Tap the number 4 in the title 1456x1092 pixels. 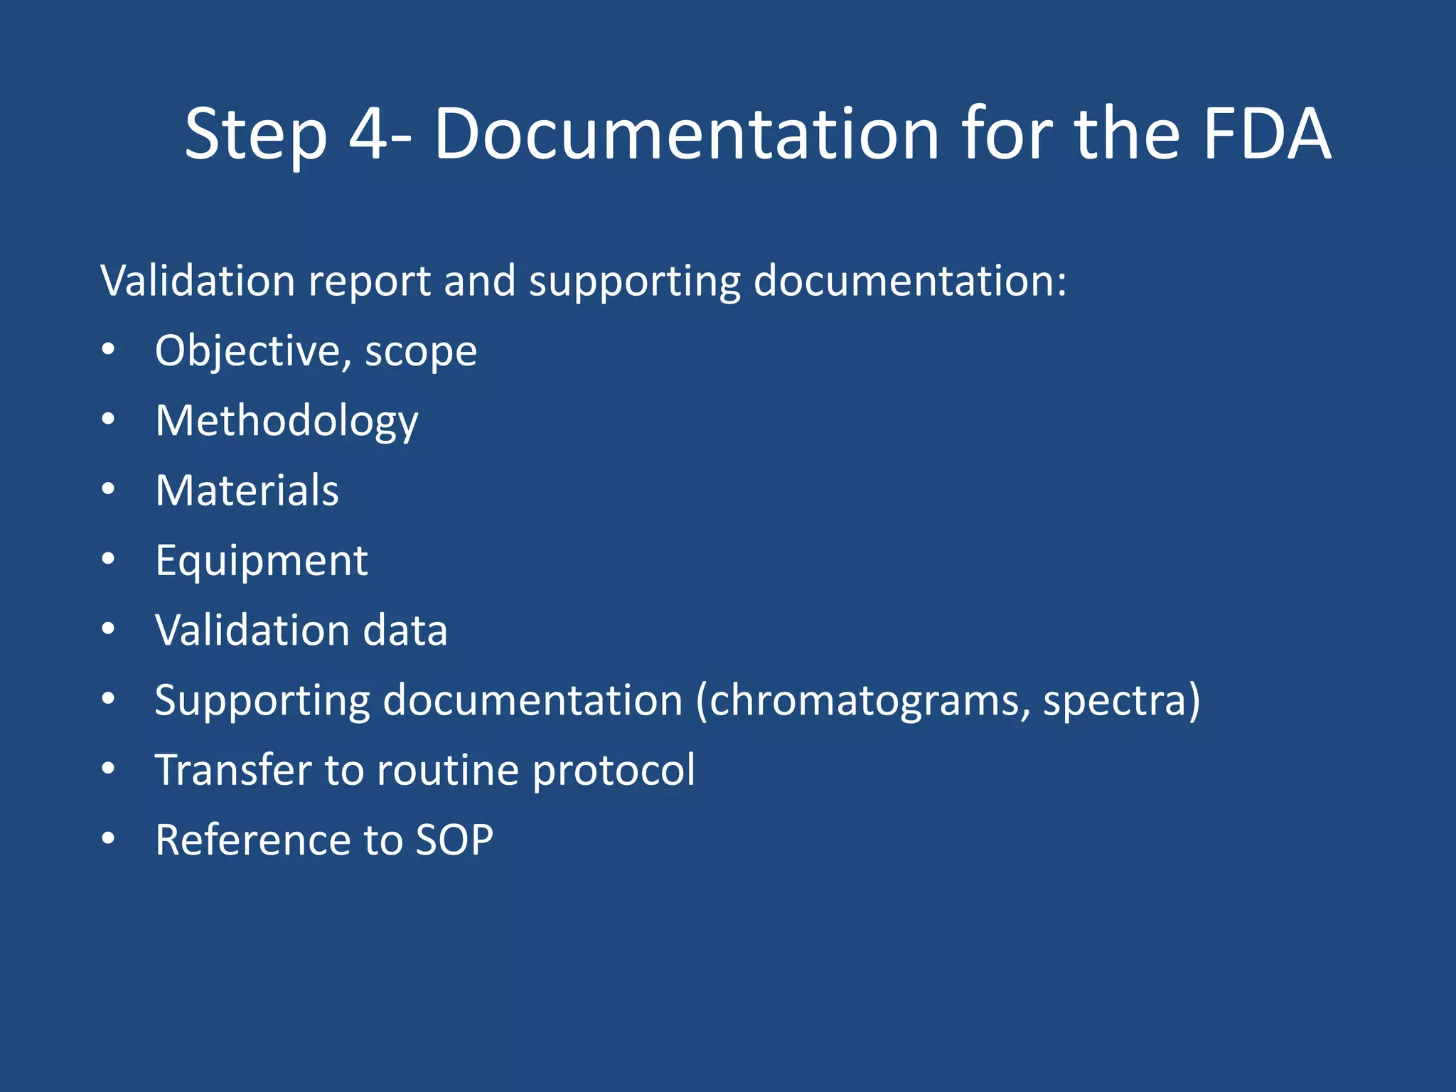click(x=368, y=134)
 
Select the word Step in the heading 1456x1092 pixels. click(x=256, y=135)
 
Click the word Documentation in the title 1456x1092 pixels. click(x=687, y=134)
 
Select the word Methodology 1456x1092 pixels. click(x=287, y=421)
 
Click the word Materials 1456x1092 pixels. click(x=247, y=491)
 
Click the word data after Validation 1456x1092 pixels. click(x=405, y=631)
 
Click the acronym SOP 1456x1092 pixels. click(x=454, y=840)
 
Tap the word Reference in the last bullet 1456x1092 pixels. click(x=252, y=840)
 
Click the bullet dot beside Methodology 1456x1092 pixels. click(x=108, y=419)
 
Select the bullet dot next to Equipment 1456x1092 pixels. click(x=108, y=560)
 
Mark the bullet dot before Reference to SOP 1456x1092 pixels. click(x=108, y=839)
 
